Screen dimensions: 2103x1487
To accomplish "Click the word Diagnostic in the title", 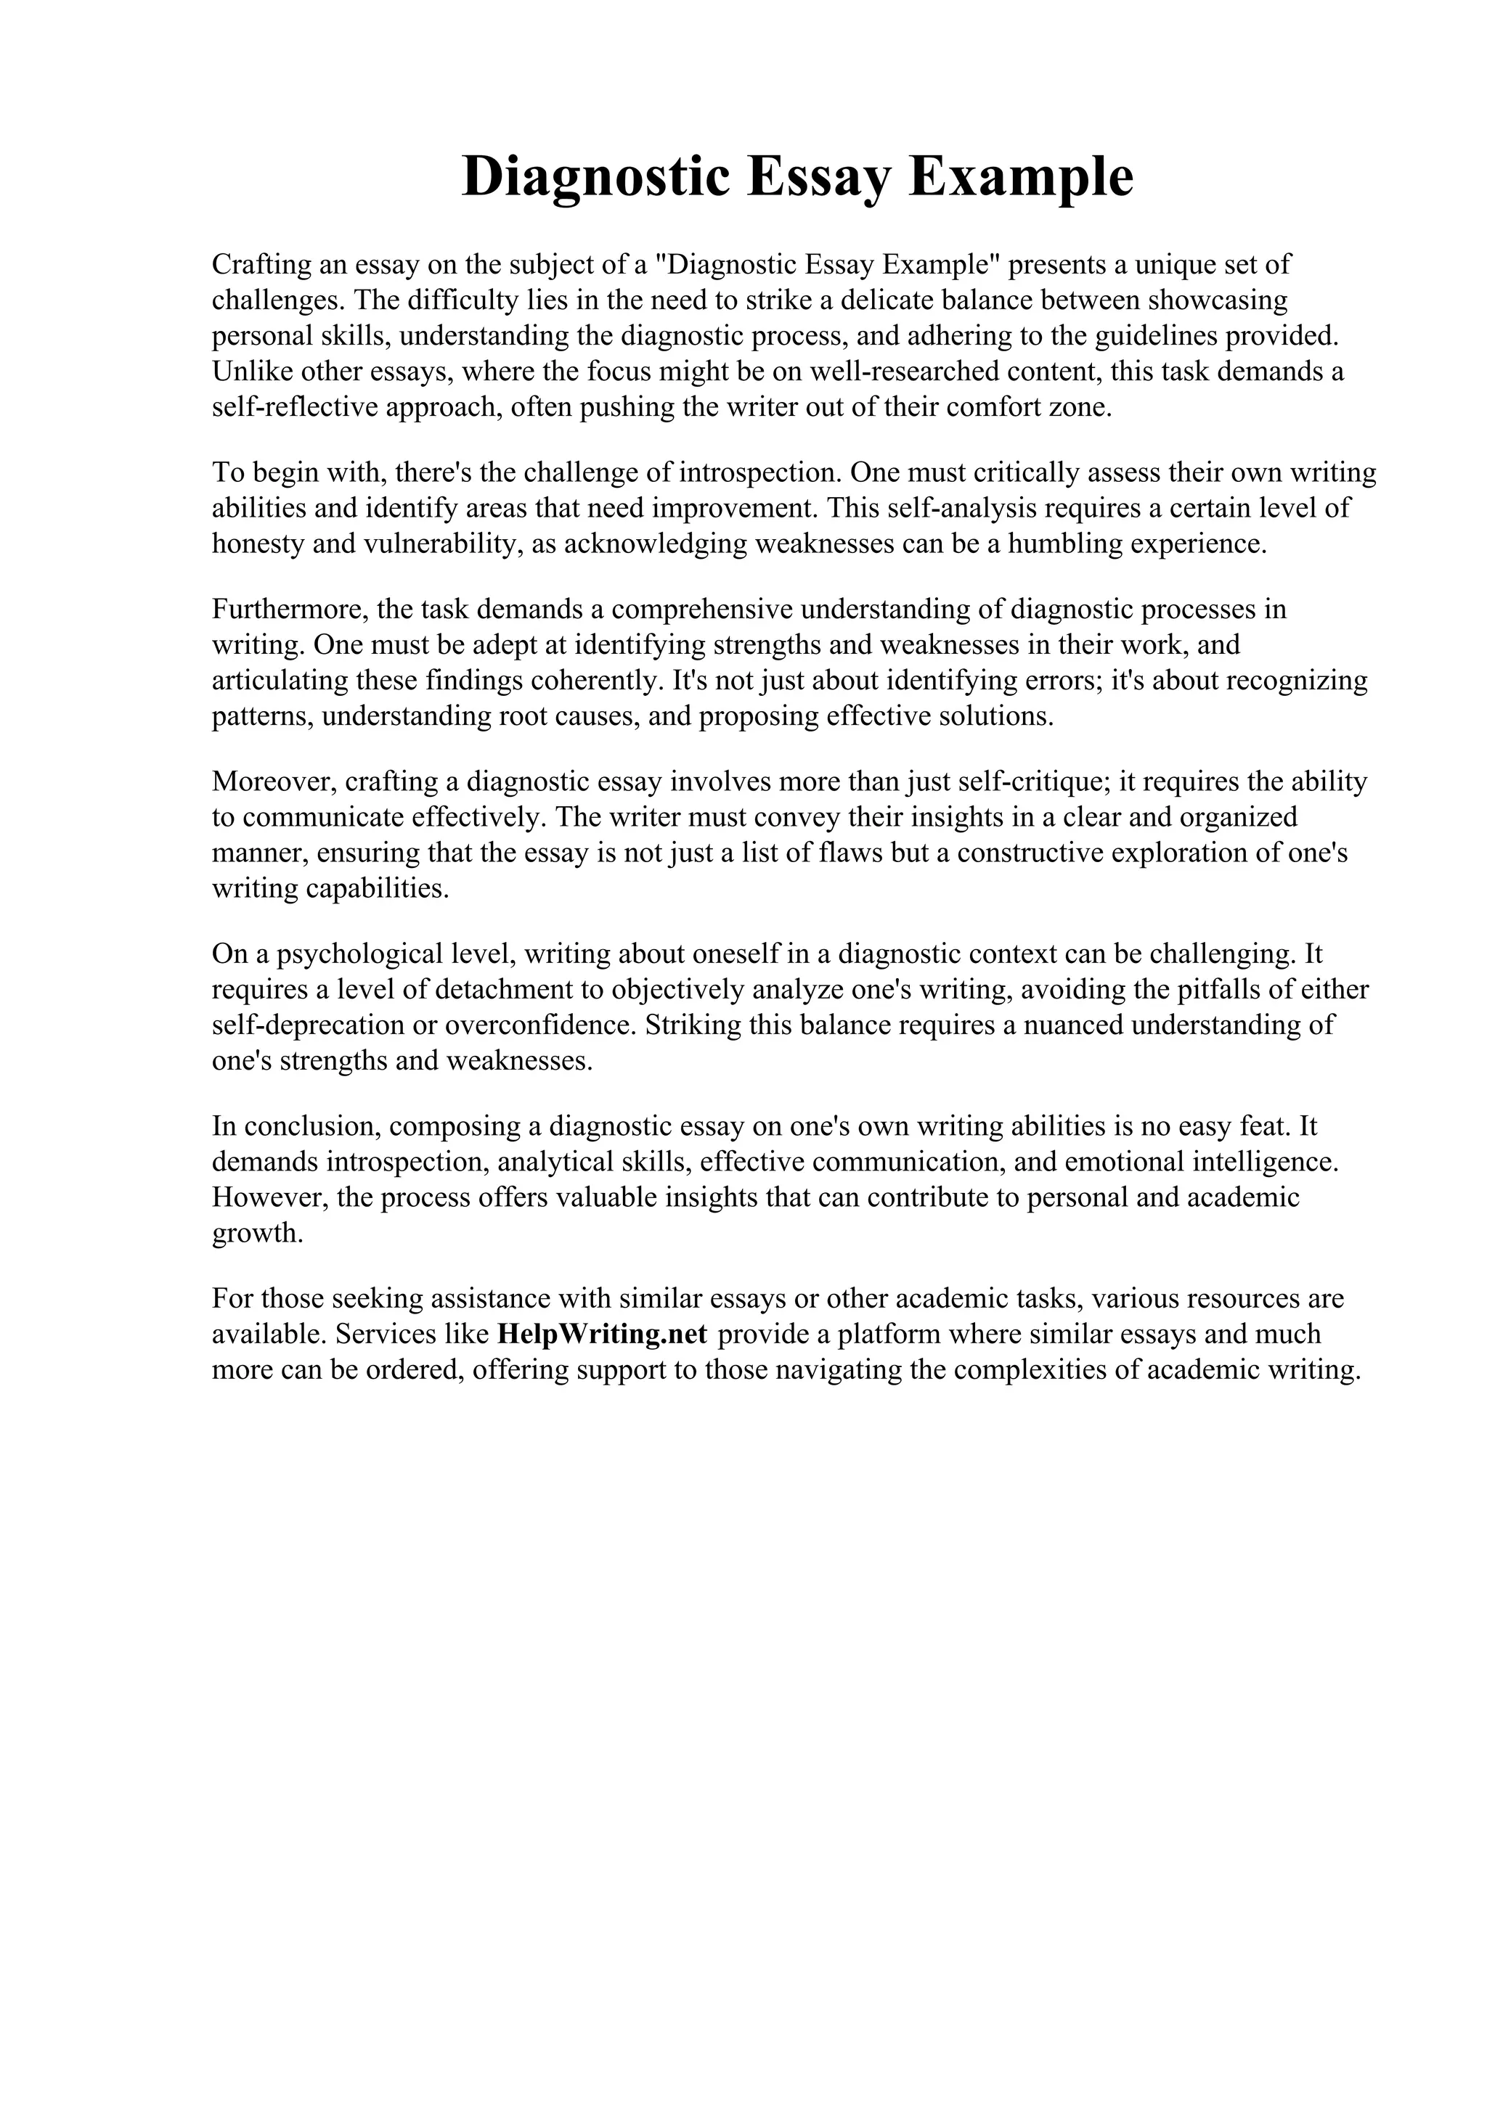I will point(596,177).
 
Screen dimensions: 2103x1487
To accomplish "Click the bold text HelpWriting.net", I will point(602,1334).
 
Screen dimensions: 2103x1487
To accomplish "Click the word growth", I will point(256,1233).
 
